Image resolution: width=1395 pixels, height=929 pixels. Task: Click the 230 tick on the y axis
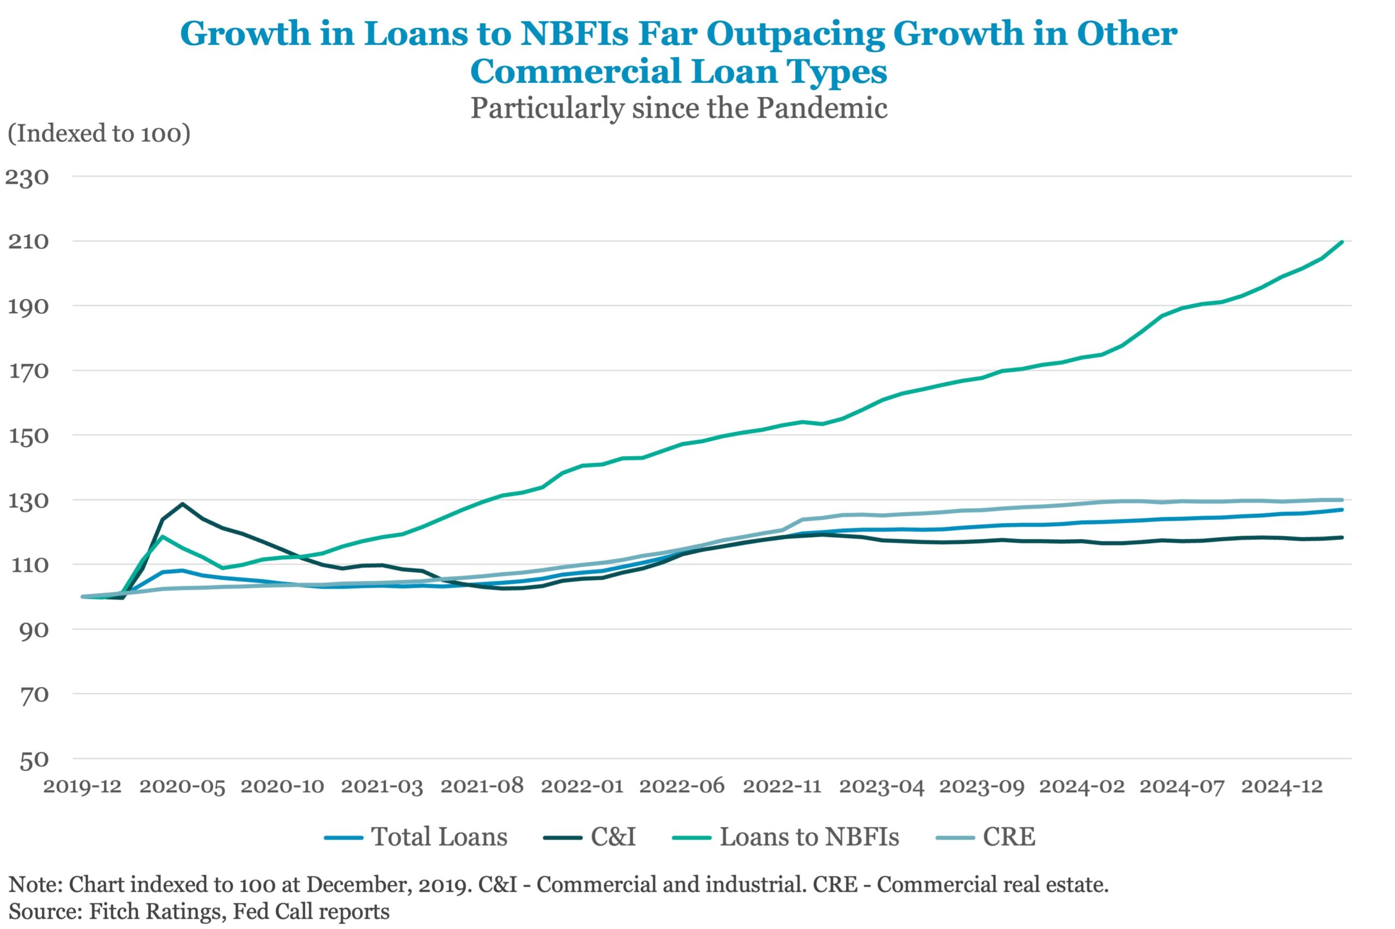coord(27,177)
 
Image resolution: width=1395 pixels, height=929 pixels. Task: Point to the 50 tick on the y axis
coord(33,760)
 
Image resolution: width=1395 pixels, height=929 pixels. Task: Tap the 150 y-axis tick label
coord(27,436)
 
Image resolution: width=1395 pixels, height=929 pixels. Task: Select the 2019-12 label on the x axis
coord(82,787)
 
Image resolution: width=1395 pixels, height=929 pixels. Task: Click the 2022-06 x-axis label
coord(681,787)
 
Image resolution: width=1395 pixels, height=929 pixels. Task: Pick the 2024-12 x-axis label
coord(1281,787)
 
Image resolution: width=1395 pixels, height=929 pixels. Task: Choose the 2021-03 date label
coord(381,787)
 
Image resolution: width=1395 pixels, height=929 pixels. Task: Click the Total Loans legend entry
coord(438,837)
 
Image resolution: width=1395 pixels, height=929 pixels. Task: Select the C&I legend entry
coord(612,837)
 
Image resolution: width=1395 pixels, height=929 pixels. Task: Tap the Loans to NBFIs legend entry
coord(809,837)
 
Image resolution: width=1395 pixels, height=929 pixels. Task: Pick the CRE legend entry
coord(1009,837)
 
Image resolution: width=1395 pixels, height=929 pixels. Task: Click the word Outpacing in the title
coord(795,34)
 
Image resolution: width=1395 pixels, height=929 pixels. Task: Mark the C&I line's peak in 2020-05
coord(183,504)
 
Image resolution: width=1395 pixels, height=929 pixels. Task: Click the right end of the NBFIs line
coord(1342,242)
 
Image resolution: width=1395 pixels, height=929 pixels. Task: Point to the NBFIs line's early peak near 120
coord(162,537)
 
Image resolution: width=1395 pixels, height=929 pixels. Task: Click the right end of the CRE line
coord(1342,500)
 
